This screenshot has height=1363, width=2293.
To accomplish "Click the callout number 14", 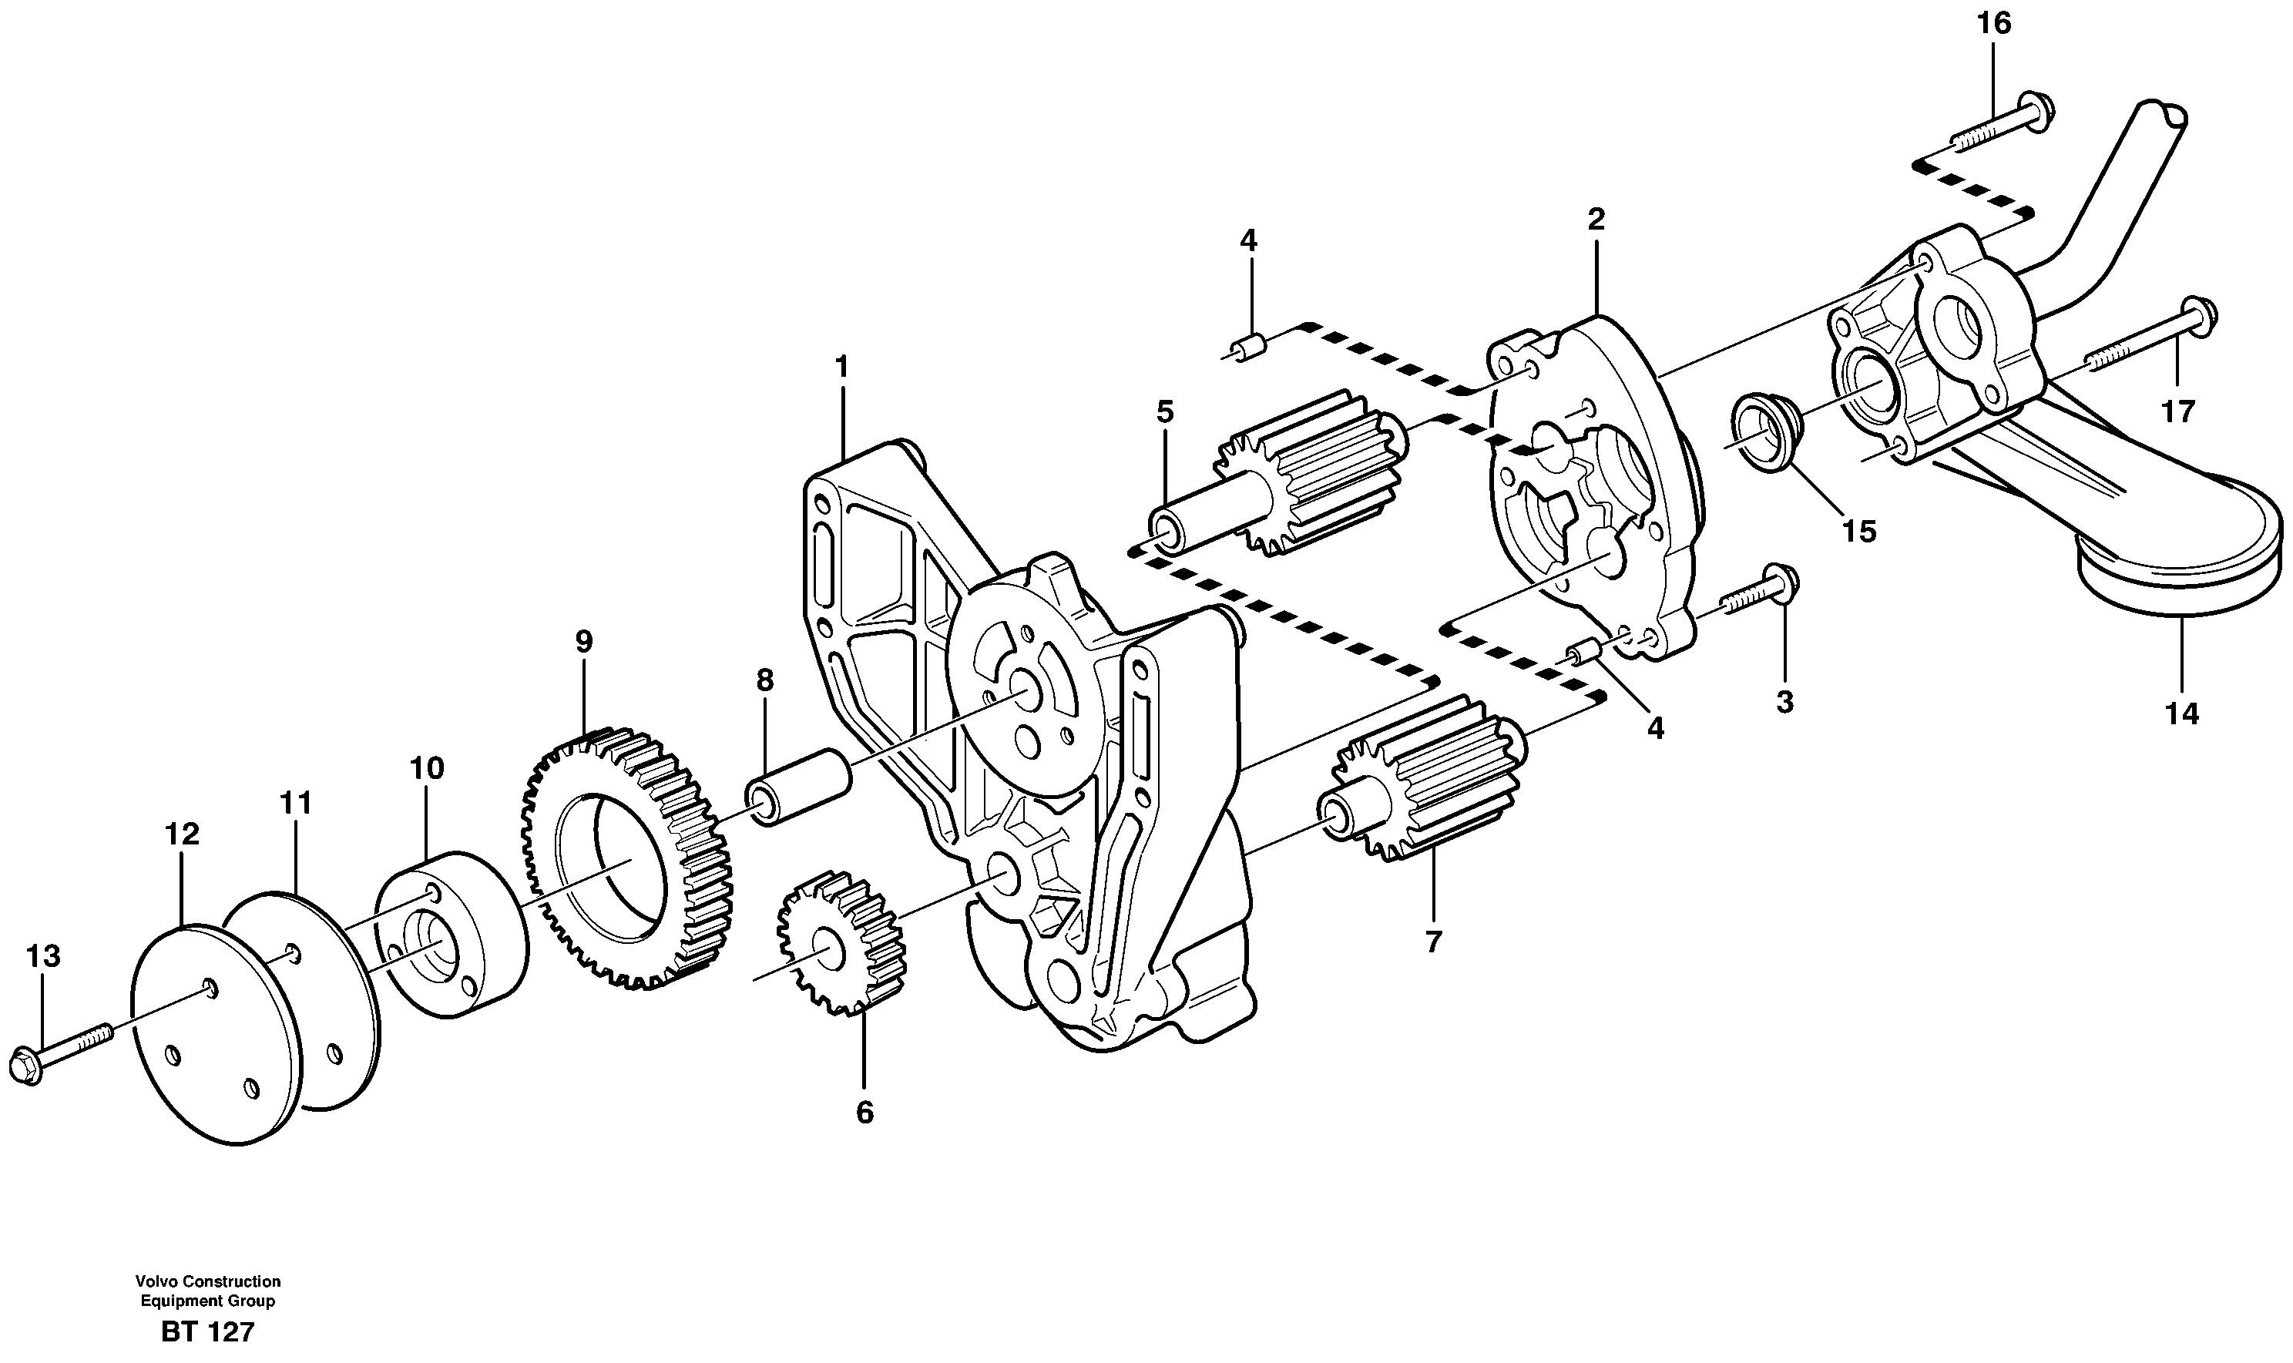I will (x=2183, y=713).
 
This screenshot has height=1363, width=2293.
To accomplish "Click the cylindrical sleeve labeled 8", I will (x=800, y=787).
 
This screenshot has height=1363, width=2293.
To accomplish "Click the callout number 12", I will (x=182, y=834).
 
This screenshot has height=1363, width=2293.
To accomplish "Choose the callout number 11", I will (x=296, y=804).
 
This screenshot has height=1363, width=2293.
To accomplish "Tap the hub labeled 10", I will (x=453, y=934).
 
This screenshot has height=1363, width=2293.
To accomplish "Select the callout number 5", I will (x=1164, y=412).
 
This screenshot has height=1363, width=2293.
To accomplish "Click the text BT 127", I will (x=207, y=1331).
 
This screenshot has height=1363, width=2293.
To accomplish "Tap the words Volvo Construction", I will (x=207, y=1281).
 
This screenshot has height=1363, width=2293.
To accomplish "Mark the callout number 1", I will (x=841, y=368).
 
